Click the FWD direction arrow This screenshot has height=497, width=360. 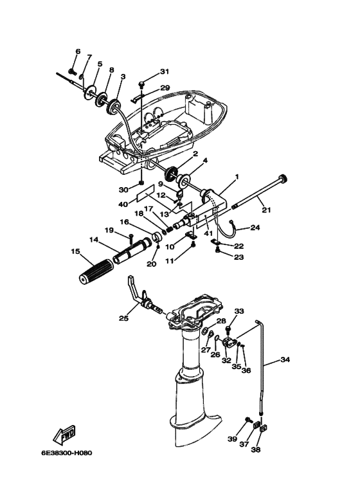pos(64,435)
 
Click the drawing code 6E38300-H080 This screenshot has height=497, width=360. pos(67,453)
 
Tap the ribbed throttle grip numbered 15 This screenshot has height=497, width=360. pos(96,271)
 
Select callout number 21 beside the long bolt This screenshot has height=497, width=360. pos(266,210)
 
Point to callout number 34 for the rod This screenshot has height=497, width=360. pos(285,359)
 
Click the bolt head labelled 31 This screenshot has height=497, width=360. pos(141,84)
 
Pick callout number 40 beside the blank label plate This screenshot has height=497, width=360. pos(123,204)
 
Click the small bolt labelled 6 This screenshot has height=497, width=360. pos(72,71)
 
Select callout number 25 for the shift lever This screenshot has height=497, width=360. pos(123,318)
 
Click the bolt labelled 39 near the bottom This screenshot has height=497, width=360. pos(248,420)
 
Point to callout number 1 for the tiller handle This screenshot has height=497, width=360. pos(237,177)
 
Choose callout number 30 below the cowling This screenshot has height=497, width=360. pos(123,190)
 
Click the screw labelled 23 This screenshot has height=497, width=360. pos(218,251)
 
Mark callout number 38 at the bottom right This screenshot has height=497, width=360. pos(255,449)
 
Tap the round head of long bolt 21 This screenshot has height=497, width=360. pos(282,178)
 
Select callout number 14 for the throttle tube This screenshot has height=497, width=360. pos(94,240)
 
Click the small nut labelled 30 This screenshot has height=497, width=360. pos(141,183)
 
